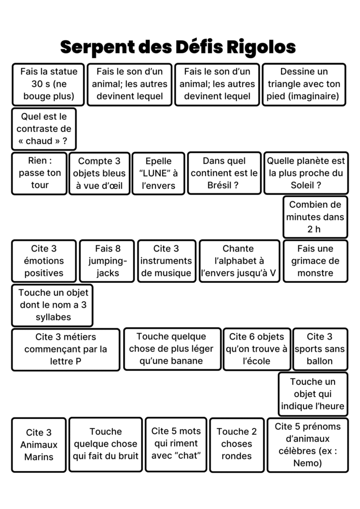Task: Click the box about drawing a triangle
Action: pyautogui.click(x=303, y=84)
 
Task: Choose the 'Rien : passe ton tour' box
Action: pyautogui.click(x=39, y=173)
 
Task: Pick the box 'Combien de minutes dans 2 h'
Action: pyautogui.click(x=315, y=217)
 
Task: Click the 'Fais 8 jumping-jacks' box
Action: pyautogui.click(x=108, y=261)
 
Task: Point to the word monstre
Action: pyautogui.click(x=315, y=273)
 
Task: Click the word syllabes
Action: pyautogui.click(x=53, y=317)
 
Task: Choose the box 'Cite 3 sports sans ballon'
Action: pyautogui.click(x=319, y=349)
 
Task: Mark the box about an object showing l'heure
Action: pyautogui.click(x=312, y=394)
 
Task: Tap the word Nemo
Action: pyautogui.click(x=307, y=463)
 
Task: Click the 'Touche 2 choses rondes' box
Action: pyautogui.click(x=237, y=444)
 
